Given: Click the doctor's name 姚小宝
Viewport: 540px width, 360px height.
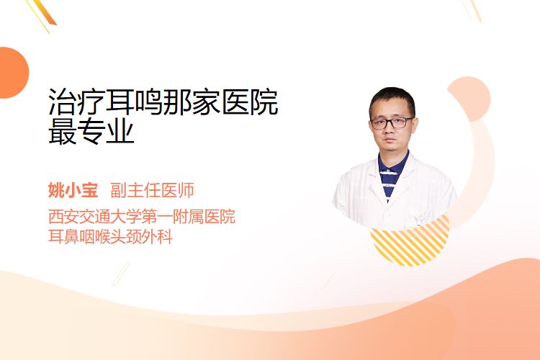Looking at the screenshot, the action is tap(73, 190).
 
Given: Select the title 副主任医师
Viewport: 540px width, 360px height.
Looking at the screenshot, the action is tap(152, 190).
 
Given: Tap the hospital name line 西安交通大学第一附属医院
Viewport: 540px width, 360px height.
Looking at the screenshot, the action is tap(142, 217).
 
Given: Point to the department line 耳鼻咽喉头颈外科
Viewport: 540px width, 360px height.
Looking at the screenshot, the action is tap(110, 237).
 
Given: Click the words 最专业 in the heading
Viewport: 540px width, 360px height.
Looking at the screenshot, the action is tap(91, 131).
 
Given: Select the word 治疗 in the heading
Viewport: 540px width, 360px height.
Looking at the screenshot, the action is tap(77, 102).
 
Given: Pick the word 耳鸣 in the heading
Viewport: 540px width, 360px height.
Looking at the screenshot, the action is tap(134, 102).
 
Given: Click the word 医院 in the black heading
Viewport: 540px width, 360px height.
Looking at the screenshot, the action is tap(249, 102).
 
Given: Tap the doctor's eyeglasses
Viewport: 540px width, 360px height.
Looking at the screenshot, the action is tap(392, 122).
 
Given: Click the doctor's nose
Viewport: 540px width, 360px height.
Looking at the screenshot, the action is tap(390, 130).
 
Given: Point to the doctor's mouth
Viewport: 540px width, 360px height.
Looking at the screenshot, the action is tap(390, 140).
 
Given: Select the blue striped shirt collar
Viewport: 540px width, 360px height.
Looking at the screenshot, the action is tap(392, 174).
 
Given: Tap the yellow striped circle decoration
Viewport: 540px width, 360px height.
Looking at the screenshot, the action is tap(410, 243).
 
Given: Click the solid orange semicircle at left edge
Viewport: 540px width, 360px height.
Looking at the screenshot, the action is tap(13, 73).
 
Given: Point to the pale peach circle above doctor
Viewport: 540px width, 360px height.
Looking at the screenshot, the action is tap(469, 99).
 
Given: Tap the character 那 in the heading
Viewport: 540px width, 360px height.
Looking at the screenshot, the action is tap(177, 102).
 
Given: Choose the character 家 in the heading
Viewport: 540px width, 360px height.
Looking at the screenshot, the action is tap(206, 102).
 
